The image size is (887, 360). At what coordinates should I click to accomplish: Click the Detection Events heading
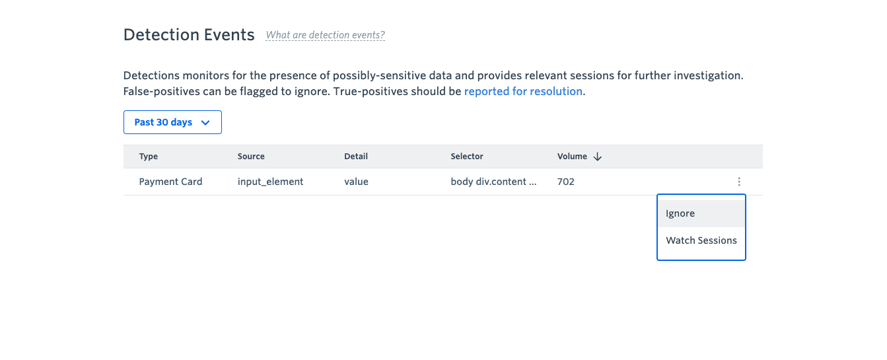point(189,35)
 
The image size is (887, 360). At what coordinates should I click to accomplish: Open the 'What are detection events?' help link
point(325,35)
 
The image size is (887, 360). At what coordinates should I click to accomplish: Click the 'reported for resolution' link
point(523,91)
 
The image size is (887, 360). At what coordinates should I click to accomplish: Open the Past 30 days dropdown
point(172,122)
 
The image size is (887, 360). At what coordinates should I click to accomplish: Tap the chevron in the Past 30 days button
point(205,123)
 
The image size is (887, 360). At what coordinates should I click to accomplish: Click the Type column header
point(149,157)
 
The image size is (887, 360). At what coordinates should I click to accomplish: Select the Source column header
point(251,157)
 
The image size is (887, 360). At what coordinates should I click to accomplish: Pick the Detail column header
point(356,157)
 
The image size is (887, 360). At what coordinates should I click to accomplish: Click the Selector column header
point(467,157)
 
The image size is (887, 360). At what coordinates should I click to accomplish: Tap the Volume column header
point(572,157)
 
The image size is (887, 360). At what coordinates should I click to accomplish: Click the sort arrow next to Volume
point(598,157)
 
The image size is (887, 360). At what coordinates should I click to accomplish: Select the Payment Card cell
point(170,182)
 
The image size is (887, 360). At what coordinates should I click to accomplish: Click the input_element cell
point(270,182)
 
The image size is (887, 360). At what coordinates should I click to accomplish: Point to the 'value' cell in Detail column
point(356,182)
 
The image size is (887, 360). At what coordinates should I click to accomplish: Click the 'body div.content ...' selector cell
point(493,182)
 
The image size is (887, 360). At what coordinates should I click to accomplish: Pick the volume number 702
point(565,182)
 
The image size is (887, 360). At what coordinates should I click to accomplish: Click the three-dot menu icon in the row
point(739,182)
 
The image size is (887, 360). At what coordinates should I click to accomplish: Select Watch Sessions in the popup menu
point(701,240)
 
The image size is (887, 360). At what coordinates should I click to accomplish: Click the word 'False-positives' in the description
point(162,91)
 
